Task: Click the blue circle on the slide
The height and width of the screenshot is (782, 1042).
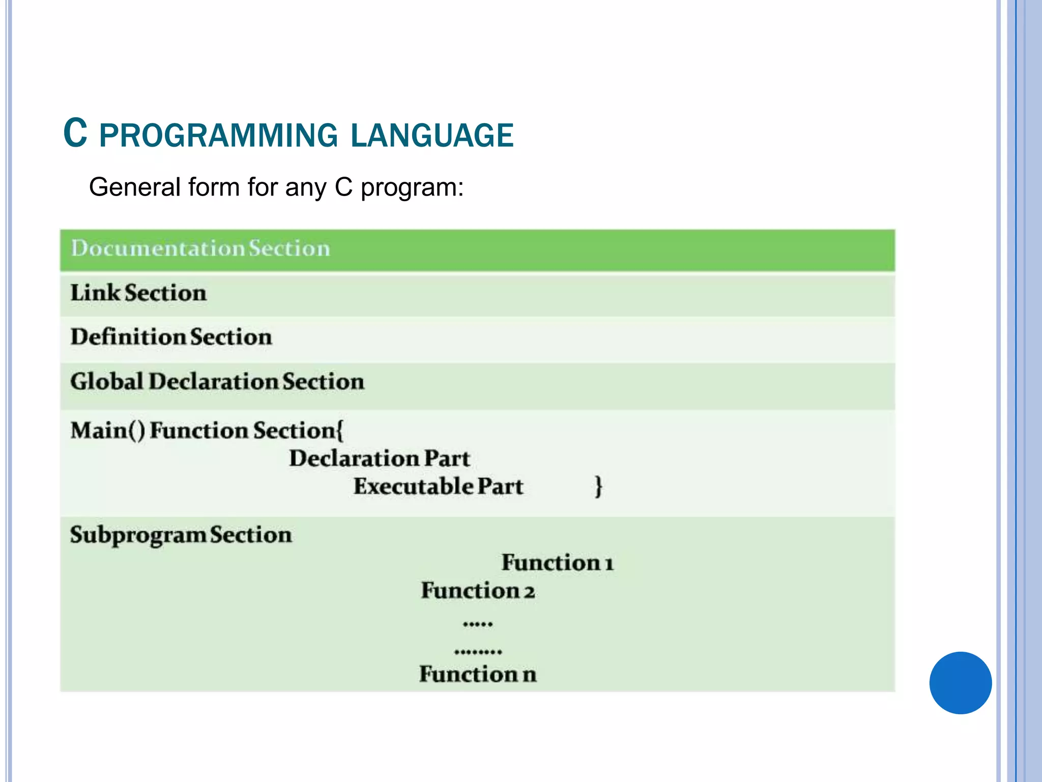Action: pos(960,683)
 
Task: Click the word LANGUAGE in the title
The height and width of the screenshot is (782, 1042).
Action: pos(432,135)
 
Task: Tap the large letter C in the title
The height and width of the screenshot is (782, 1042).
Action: pos(75,133)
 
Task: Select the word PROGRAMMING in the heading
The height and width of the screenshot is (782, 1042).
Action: pos(218,135)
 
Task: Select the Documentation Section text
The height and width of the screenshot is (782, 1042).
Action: pos(200,248)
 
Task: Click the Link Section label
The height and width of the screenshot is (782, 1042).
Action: pos(138,293)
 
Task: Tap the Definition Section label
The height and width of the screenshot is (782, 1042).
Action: pos(171,337)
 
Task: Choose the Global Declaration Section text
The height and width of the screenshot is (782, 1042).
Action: pos(217,381)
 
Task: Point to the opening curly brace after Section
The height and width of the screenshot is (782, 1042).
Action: pos(340,431)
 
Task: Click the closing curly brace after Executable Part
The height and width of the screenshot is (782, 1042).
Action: pos(598,486)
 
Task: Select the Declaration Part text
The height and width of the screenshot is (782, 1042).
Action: pos(379,458)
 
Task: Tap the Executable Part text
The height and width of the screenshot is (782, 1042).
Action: pos(438,486)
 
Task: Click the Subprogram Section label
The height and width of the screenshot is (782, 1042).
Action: pos(181,535)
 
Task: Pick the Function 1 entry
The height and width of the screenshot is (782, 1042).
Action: pos(558,563)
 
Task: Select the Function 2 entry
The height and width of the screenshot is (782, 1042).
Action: pos(478,591)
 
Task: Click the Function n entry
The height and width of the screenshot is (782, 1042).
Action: pos(478,674)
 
